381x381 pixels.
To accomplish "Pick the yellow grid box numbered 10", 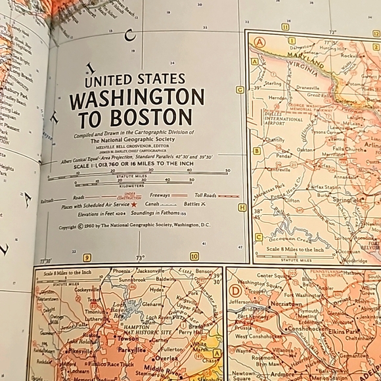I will (x=194, y=256).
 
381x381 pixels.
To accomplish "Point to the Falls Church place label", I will (x=351, y=150).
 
